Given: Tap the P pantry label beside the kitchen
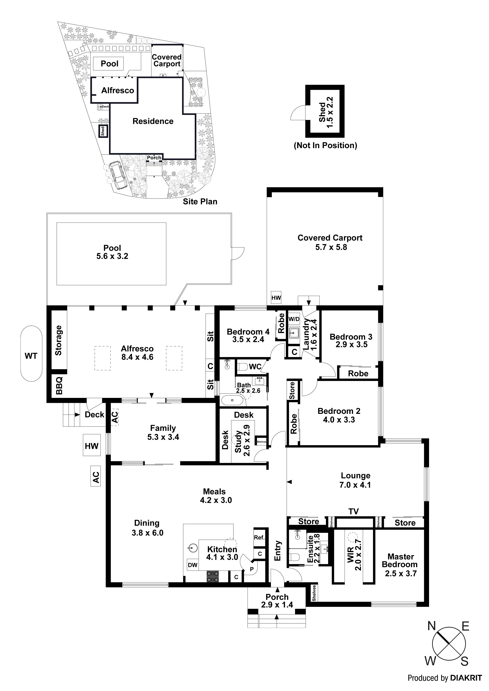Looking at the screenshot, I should [252, 569].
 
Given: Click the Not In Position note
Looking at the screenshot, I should [325, 145].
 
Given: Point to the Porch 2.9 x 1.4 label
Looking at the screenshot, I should [277, 601].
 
